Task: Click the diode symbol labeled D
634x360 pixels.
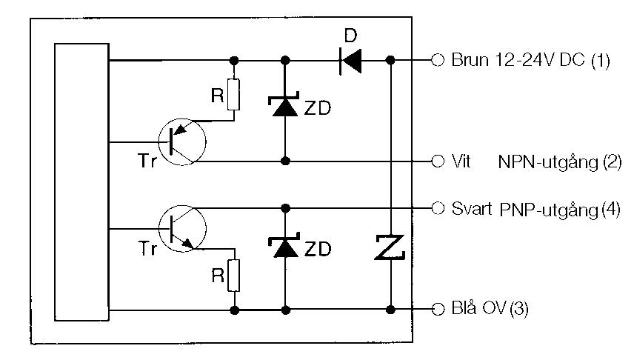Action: (351, 60)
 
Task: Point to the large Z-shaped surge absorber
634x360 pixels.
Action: (390, 247)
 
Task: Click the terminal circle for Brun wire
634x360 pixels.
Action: (438, 60)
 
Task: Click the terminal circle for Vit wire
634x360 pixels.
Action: (438, 161)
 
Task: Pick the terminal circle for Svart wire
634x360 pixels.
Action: (438, 207)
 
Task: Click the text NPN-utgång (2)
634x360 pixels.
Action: (559, 161)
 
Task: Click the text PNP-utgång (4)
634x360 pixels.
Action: (559, 210)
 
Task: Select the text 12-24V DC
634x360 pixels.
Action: (524, 61)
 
